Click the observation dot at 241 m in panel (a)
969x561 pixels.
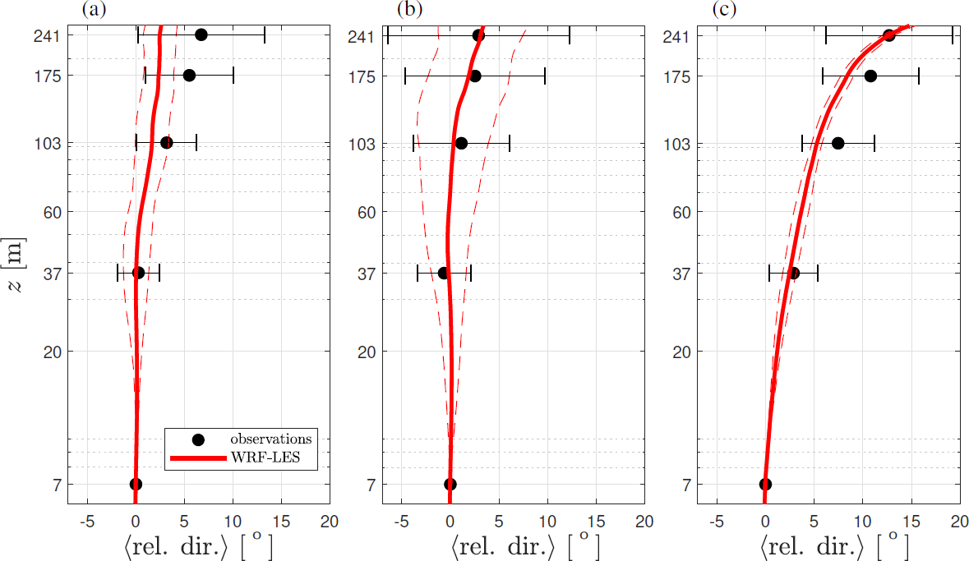(x=201, y=34)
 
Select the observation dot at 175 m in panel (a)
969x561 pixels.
(x=189, y=76)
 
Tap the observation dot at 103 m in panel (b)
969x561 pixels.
(x=461, y=143)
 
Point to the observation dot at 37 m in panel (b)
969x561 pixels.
(x=444, y=273)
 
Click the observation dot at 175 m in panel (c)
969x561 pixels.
(x=870, y=76)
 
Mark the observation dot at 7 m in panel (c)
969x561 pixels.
(x=765, y=485)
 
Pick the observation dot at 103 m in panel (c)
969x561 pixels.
(x=837, y=143)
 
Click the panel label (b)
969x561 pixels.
(x=409, y=10)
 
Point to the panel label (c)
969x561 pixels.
(x=724, y=10)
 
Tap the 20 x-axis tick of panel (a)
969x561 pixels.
(x=330, y=521)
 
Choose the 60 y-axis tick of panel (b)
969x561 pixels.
(x=366, y=212)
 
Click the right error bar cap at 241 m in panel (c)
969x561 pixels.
(x=953, y=34)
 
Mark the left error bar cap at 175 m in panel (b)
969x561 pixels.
(x=405, y=76)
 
